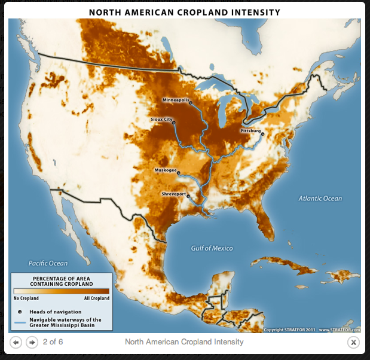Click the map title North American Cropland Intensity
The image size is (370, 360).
185,12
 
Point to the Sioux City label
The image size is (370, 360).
161,120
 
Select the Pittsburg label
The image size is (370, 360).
250,130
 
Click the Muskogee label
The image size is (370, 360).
166,170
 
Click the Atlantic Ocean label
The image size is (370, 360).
320,199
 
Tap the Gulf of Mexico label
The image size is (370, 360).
212,248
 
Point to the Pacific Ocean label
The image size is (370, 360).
48,263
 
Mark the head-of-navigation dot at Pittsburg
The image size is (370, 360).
262,133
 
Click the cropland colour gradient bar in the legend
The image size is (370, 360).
62,291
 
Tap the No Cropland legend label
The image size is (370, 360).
26,298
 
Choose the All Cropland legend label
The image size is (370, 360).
96,298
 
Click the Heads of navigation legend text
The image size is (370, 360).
55,312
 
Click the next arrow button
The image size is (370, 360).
32,342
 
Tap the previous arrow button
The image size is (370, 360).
16,342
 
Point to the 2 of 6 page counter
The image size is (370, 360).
53,342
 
